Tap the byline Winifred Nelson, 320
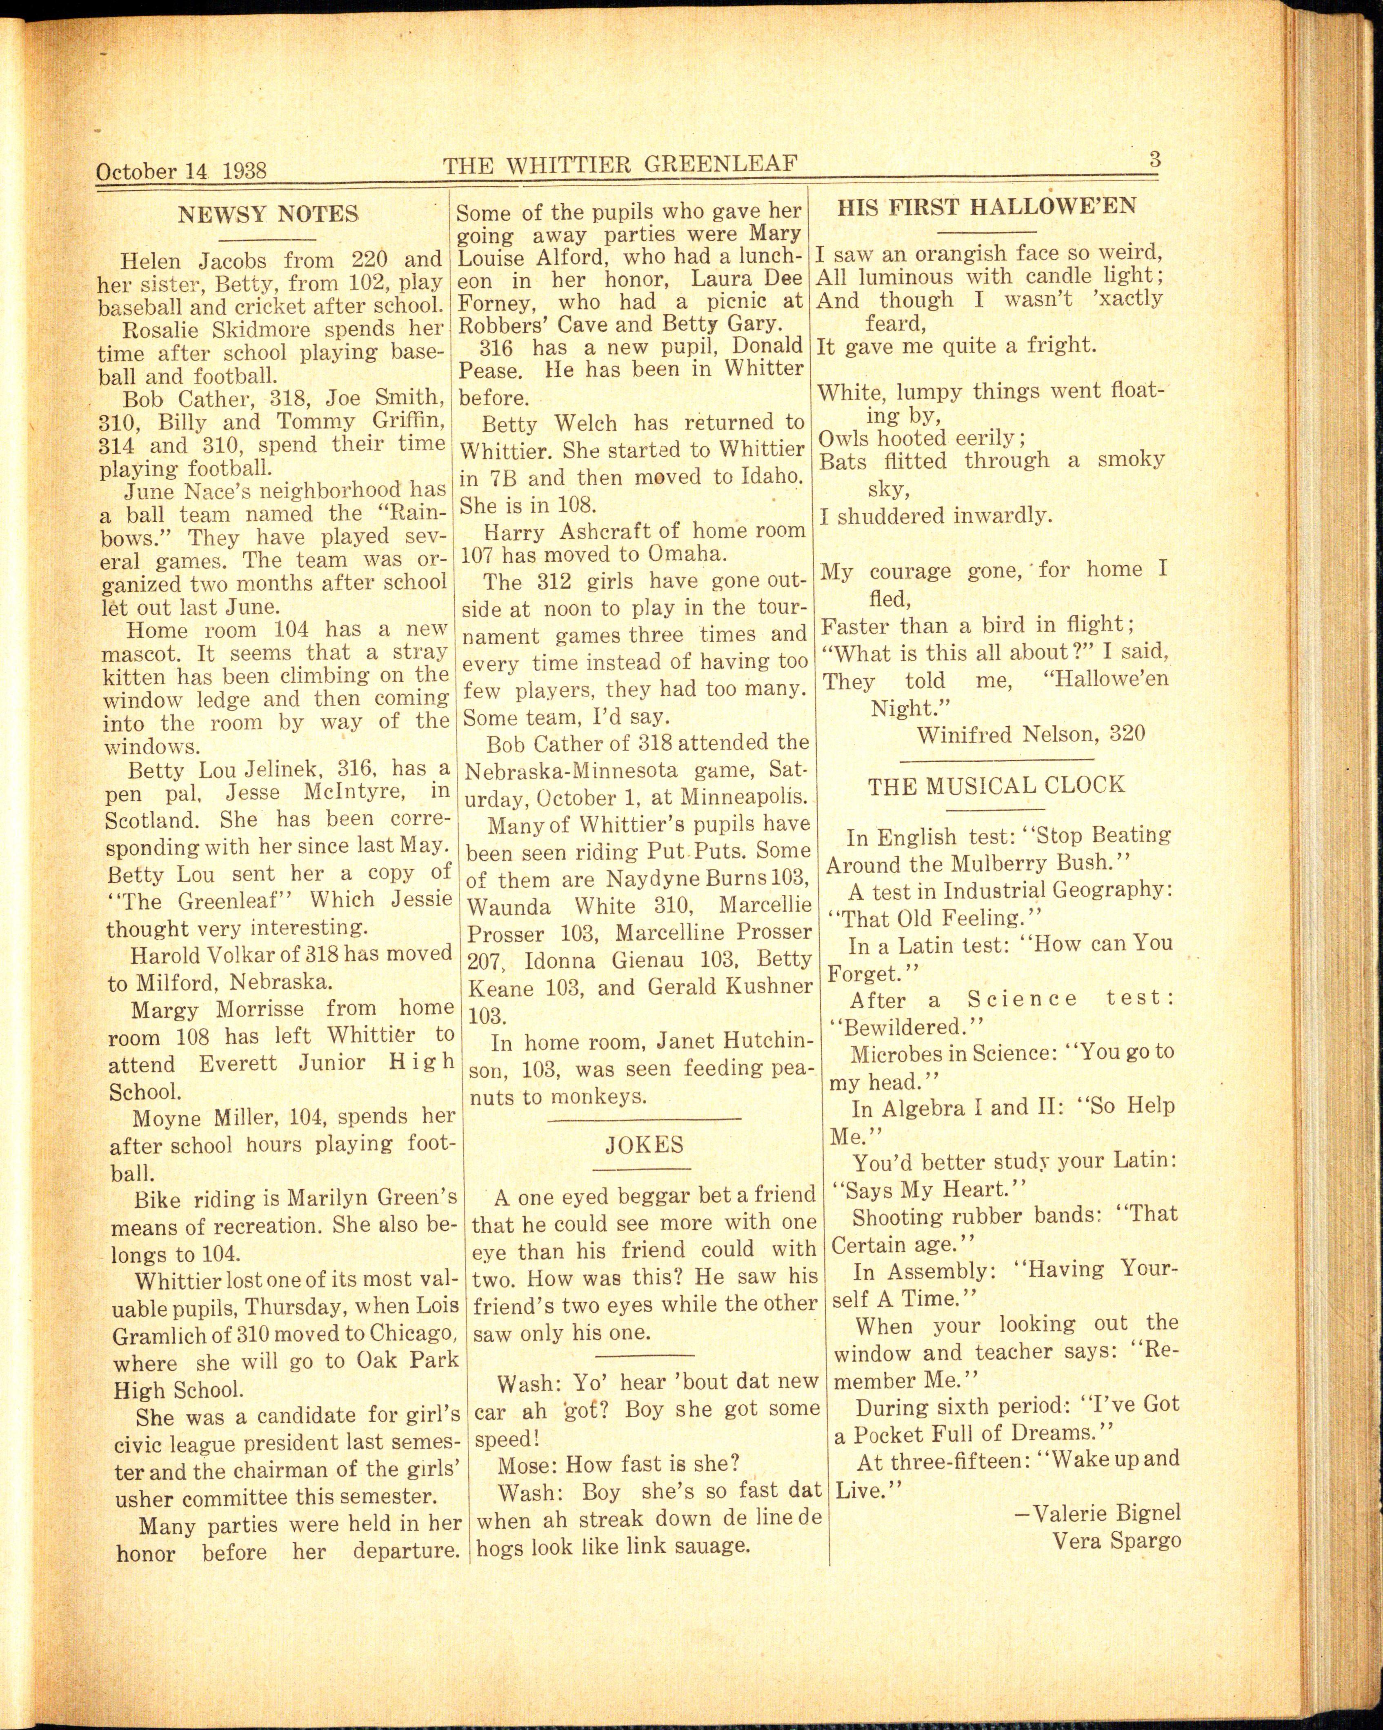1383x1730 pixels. coord(1031,734)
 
